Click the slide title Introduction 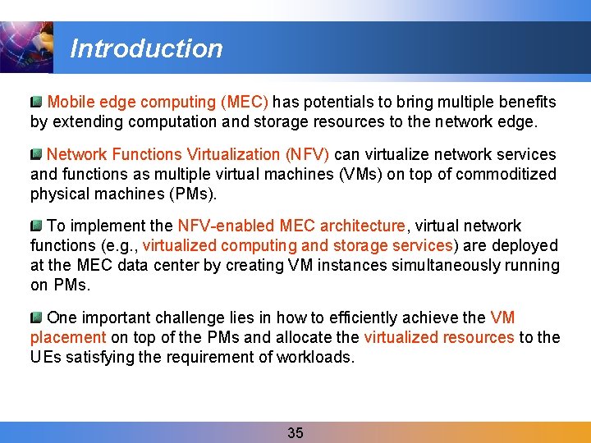[146, 48]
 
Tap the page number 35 [295, 433]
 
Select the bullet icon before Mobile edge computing [36, 103]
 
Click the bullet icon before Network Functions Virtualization [36, 154]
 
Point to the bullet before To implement [36, 226]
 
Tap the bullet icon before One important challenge [36, 317]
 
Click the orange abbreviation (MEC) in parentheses [244, 103]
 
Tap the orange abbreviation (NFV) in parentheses [307, 154]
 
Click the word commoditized [506, 174]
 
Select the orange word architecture [362, 226]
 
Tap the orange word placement [68, 337]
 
